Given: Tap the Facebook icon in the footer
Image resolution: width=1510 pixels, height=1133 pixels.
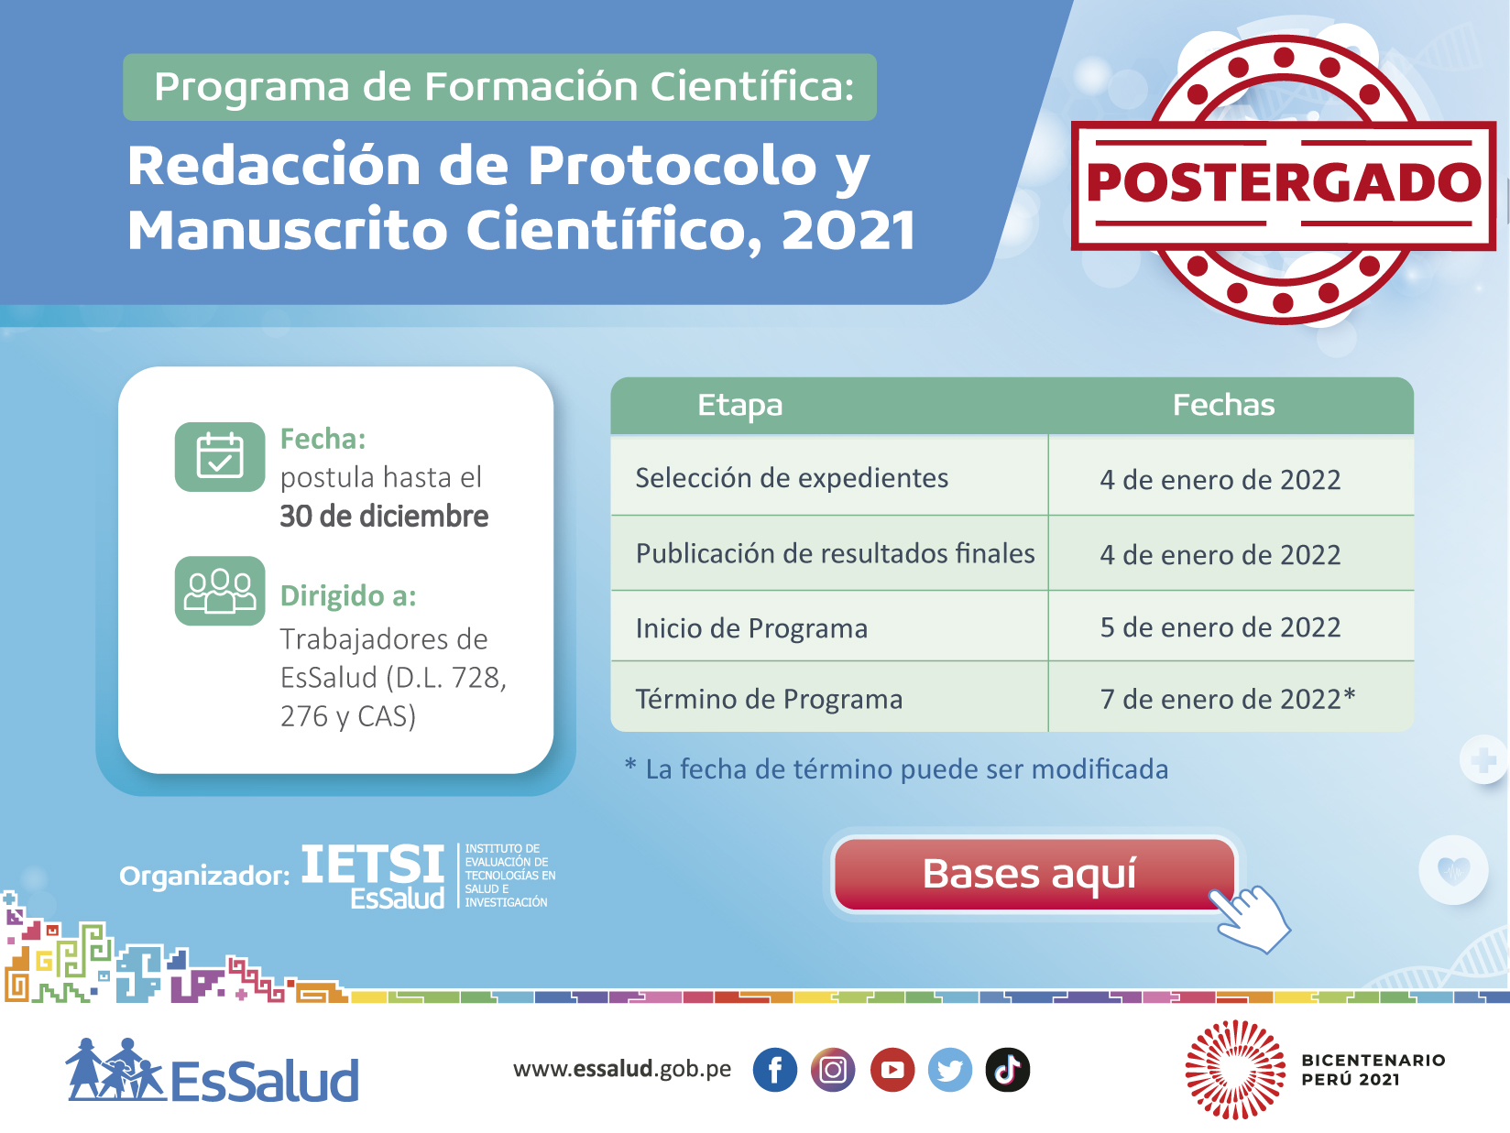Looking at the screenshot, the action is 774,1070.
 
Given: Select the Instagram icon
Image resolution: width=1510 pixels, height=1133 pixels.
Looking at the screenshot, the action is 833,1070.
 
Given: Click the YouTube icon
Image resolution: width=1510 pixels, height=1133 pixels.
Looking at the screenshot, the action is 892,1070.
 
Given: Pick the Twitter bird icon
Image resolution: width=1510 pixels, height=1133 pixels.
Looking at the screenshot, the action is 950,1070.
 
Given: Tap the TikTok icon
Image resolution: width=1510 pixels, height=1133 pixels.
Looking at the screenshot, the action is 1008,1070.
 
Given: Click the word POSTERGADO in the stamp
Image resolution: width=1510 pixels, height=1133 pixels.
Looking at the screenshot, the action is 1284,183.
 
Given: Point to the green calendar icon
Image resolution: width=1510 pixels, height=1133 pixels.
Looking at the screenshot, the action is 220,456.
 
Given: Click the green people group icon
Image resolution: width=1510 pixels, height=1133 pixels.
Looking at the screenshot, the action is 220,591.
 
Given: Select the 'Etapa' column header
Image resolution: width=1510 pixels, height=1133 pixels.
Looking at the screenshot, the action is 740,405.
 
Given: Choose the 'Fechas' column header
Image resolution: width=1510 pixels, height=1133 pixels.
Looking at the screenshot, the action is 1224,405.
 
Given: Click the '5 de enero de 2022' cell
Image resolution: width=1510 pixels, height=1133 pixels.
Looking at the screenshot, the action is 1220,627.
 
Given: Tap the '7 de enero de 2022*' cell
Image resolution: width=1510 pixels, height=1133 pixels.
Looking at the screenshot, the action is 1228,699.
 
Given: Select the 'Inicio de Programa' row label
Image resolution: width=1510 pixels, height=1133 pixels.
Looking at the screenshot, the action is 751,628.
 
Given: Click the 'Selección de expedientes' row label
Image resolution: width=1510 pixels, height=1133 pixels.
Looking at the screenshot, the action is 792,478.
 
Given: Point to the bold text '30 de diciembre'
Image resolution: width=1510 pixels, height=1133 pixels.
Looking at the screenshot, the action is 384,517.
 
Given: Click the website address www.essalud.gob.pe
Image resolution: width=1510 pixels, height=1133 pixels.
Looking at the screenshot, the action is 622,1069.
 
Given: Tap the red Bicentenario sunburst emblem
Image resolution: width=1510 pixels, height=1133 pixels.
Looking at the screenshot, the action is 1235,1070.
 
